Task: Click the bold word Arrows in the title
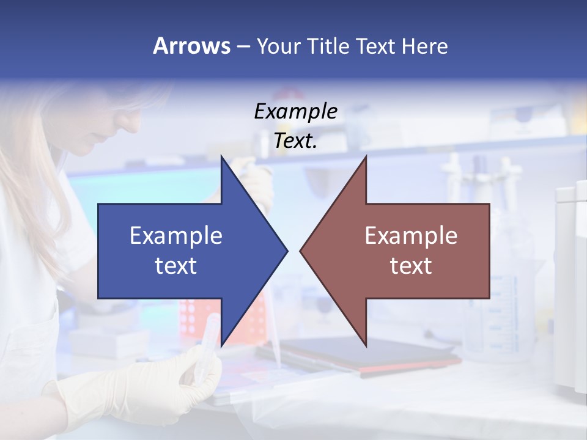[x=191, y=46]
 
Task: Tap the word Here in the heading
[x=424, y=46]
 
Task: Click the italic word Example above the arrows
[x=295, y=111]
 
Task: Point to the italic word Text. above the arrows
[x=295, y=141]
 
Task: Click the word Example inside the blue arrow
[x=175, y=235]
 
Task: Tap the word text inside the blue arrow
[x=175, y=266]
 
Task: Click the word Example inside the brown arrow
[x=411, y=235]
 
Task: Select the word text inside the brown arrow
[x=411, y=266]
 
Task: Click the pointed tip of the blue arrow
[x=287, y=251]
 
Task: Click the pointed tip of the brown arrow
[x=301, y=251]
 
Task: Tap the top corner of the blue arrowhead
[x=221, y=156]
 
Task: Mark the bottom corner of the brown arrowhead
[x=366, y=346]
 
